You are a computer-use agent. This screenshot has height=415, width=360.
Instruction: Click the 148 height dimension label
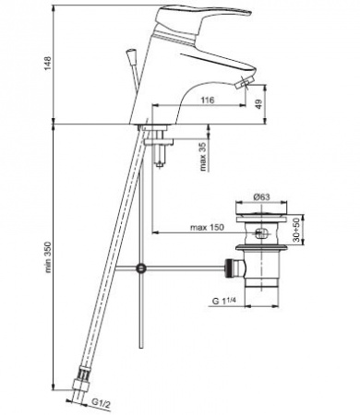click(49, 64)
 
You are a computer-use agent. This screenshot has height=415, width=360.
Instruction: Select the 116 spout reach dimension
click(208, 100)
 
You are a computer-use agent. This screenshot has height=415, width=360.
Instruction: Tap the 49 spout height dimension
click(259, 104)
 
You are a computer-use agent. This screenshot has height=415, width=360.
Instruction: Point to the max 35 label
click(203, 157)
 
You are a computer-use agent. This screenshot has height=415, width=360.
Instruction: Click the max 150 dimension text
click(207, 228)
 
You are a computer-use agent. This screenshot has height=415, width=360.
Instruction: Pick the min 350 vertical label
click(49, 257)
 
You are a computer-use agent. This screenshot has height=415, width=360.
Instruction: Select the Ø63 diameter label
click(261, 197)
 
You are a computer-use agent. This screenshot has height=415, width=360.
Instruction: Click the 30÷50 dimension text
click(296, 230)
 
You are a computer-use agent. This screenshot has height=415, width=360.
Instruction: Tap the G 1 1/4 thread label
click(223, 301)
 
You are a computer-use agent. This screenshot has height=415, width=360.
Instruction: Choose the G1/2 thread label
click(101, 404)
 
